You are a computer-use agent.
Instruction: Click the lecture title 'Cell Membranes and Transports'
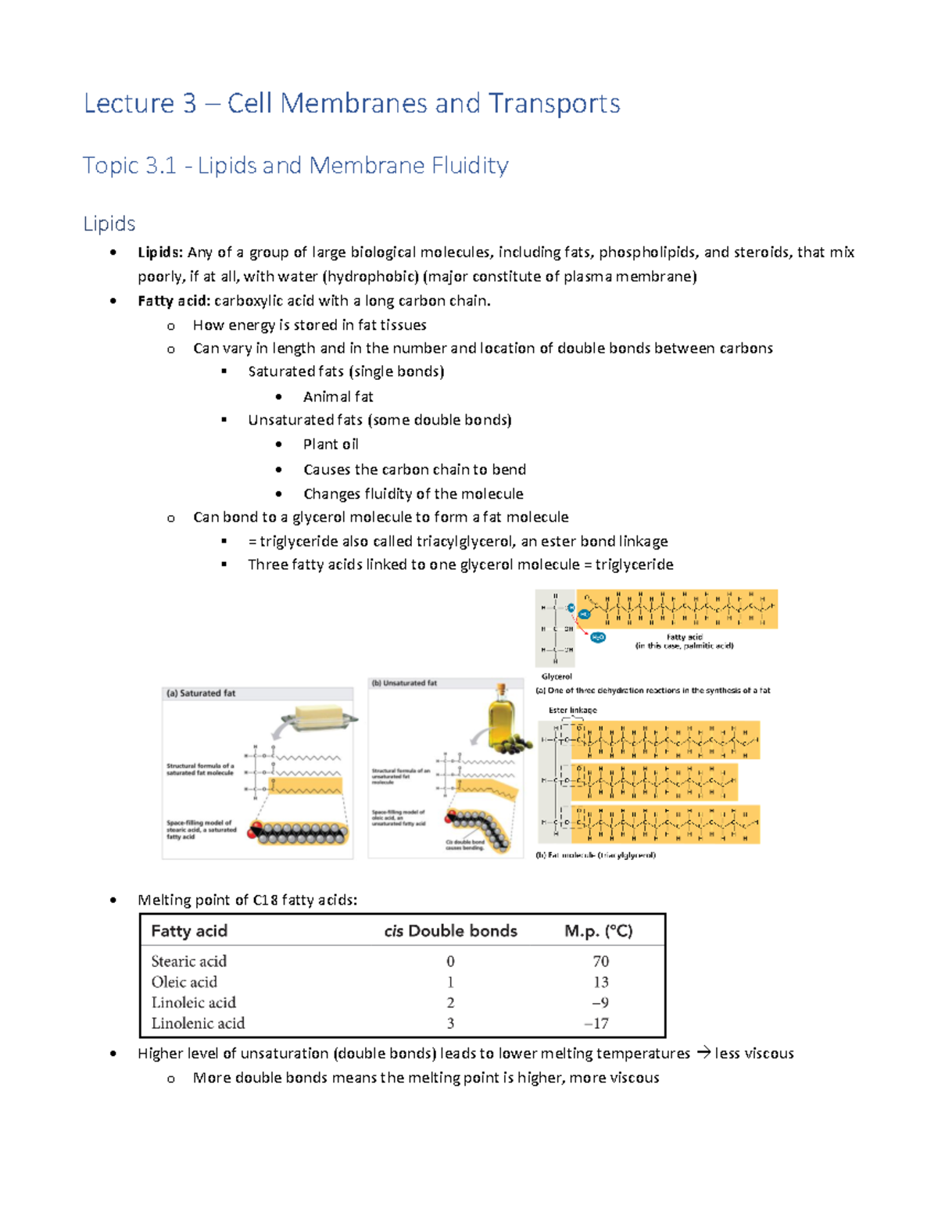(x=423, y=103)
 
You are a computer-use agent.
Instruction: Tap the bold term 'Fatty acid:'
(x=174, y=301)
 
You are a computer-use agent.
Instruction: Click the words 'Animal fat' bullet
(x=338, y=396)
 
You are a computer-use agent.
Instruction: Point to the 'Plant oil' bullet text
(x=331, y=444)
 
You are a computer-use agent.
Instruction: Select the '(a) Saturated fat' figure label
(x=201, y=693)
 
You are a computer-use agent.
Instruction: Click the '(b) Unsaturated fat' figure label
(x=404, y=683)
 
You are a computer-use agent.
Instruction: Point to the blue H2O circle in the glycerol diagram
(x=598, y=637)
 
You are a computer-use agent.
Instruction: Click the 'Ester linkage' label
(x=572, y=711)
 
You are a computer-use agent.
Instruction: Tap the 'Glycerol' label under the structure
(x=557, y=676)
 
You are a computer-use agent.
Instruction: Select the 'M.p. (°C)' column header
(x=599, y=931)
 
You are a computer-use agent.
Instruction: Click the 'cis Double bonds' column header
(x=450, y=931)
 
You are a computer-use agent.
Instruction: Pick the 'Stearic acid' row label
(x=188, y=962)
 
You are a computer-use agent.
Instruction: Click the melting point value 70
(x=600, y=962)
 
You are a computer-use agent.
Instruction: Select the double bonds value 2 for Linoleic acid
(x=450, y=1003)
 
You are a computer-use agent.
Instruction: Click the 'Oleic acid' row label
(x=184, y=982)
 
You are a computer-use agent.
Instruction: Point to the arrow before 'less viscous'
(x=703, y=1053)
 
